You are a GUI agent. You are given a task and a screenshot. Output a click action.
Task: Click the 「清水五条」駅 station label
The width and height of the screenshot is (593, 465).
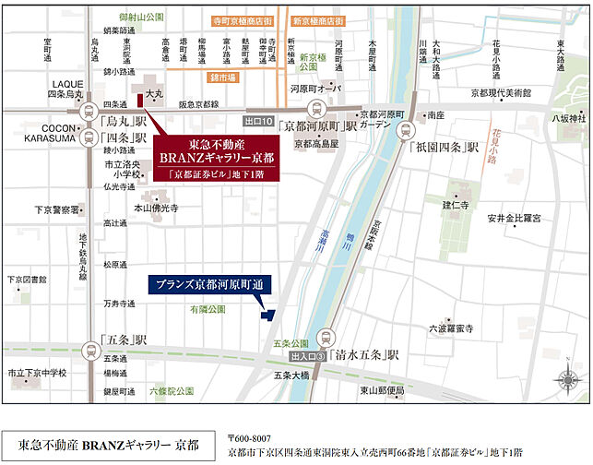click(x=365, y=354)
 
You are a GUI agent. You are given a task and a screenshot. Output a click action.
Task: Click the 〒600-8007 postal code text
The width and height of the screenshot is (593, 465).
click(x=250, y=437)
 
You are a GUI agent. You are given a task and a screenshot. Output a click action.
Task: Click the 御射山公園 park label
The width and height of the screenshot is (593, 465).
click(x=141, y=17)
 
